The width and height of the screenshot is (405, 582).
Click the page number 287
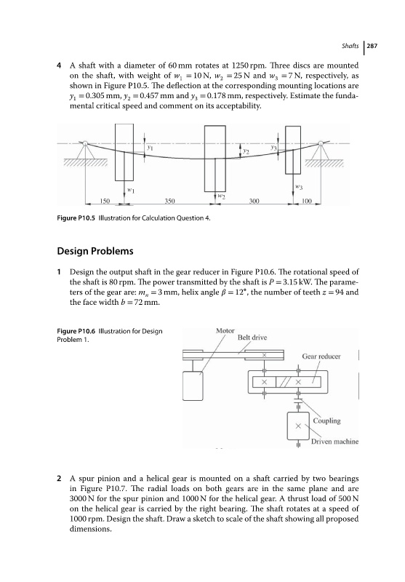[x=372, y=46]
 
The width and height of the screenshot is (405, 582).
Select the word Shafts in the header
[x=350, y=46]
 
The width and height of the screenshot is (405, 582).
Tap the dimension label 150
[x=105, y=201]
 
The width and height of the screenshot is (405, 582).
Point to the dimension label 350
[x=169, y=201]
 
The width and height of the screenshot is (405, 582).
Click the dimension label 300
[x=254, y=201]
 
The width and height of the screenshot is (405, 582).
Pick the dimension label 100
[x=307, y=201]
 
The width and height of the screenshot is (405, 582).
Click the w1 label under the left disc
[x=131, y=190]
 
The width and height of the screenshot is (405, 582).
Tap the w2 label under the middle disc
[x=222, y=195]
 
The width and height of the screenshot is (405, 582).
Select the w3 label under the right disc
[x=299, y=187]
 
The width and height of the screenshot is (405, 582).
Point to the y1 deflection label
[x=150, y=147]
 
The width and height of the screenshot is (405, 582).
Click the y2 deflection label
[x=246, y=151]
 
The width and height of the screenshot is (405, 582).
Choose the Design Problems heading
[x=95, y=251]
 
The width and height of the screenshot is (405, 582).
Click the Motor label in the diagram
[x=225, y=330]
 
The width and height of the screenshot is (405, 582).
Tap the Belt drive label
[x=252, y=338]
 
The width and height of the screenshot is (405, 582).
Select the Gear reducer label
[x=321, y=356]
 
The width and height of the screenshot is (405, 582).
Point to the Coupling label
[x=326, y=421]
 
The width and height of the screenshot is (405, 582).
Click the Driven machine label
[x=335, y=442]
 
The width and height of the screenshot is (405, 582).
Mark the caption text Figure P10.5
[x=76, y=218]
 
